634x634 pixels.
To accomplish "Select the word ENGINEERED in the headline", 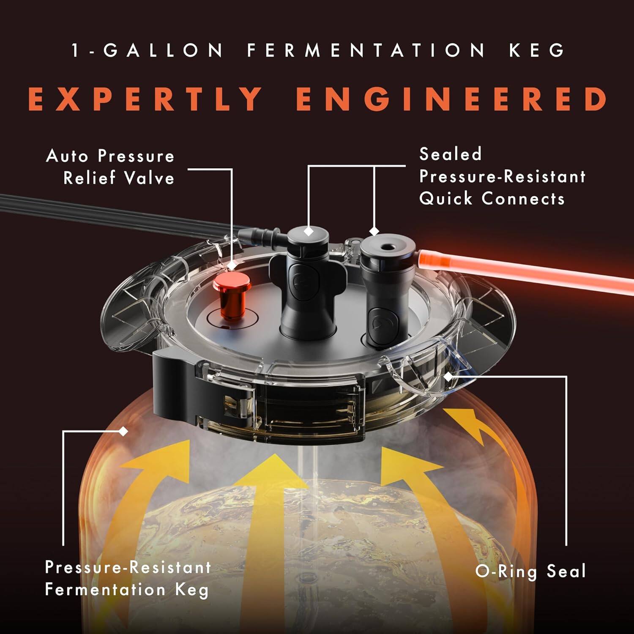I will coord(451,99).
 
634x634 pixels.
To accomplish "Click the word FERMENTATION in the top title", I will coord(366,50).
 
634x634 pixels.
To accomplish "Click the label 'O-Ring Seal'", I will coord(530,571).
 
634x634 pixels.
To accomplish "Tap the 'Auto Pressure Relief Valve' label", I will coord(111,167).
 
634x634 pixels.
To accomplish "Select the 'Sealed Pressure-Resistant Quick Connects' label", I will coord(502,176).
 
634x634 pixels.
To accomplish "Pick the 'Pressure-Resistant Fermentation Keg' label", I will coord(128,578).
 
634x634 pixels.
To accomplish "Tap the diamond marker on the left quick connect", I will coord(309,231).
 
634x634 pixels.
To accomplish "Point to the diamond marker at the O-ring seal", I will coord(448,376).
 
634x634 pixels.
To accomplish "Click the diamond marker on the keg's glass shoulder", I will coord(123,432).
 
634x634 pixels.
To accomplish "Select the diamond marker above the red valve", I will coord(232,265).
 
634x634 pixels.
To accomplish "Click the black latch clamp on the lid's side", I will coord(173,389).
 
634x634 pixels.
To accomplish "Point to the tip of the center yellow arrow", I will coord(276,457).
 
